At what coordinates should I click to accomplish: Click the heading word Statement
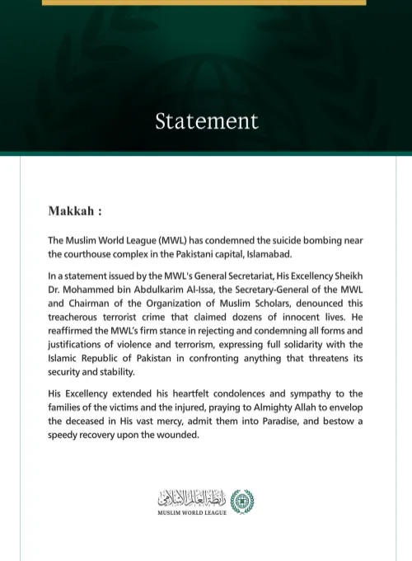coord(206,121)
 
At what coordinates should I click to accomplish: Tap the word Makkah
coord(71,211)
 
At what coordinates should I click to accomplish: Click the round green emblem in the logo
coord(241,501)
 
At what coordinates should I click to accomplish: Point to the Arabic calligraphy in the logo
coord(193,499)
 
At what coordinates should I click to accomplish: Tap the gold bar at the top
coord(204,2)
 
